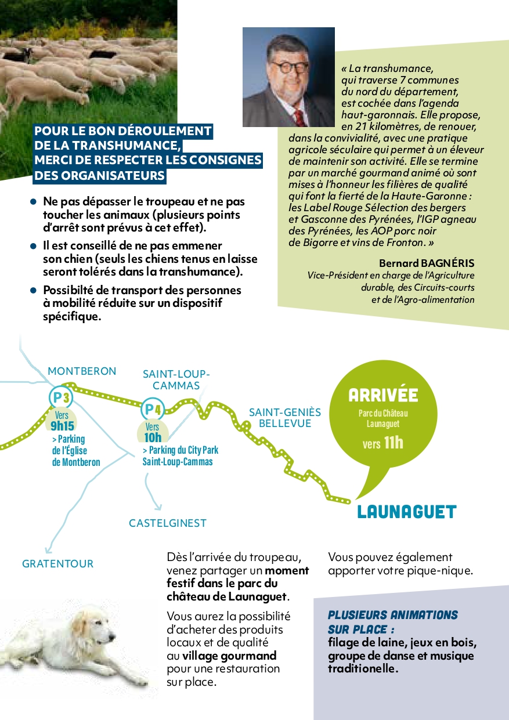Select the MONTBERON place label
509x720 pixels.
[x=82, y=371]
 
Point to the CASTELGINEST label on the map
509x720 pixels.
[x=168, y=523]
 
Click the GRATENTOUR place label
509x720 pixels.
[x=57, y=563]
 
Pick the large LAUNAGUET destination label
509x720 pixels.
[x=407, y=512]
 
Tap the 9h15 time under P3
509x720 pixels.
[x=63, y=425]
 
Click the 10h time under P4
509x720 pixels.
[x=153, y=437]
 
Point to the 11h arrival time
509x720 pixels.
[x=393, y=443]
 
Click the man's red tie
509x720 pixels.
[x=298, y=117]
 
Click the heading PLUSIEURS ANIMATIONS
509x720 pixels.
[x=393, y=615]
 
